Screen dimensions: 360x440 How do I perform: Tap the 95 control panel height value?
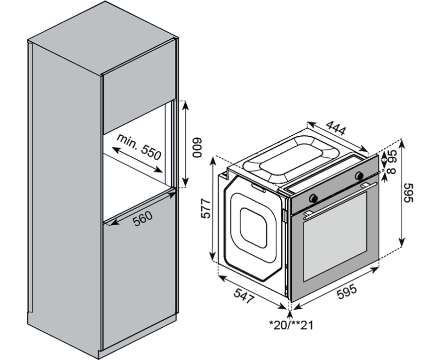tap(393, 156)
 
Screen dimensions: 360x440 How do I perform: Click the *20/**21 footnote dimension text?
tap(291, 325)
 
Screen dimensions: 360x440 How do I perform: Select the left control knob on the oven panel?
tap(313, 198)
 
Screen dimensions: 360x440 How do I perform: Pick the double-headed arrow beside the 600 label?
tap(185, 143)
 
